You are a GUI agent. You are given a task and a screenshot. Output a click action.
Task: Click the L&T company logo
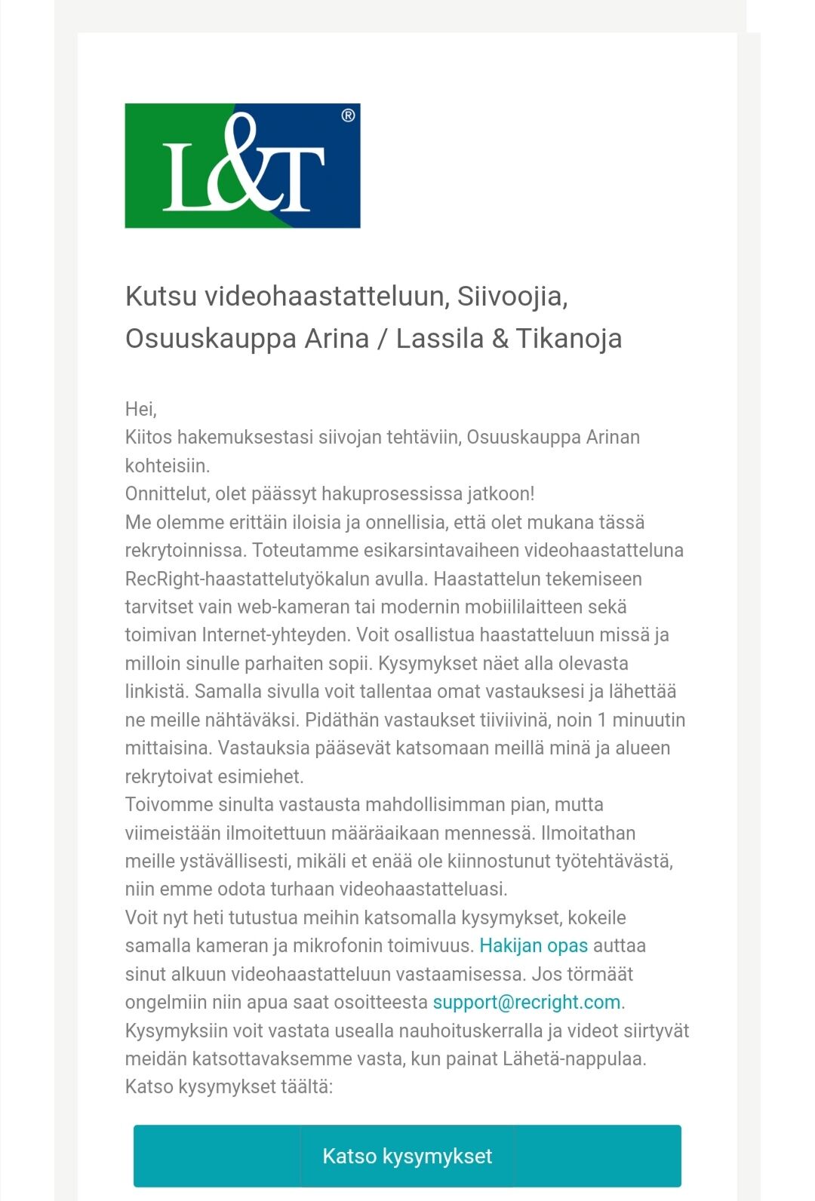242,165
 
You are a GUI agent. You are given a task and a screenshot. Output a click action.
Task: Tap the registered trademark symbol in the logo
348,115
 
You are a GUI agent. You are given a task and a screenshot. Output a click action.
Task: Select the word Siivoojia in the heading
512,296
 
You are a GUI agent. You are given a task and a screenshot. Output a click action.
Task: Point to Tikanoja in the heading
569,338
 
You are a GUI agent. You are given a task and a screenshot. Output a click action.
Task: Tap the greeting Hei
140,409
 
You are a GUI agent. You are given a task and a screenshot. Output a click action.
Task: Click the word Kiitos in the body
149,438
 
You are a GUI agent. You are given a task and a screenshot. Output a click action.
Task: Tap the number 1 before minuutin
601,720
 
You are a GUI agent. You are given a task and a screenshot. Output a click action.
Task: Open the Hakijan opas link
534,946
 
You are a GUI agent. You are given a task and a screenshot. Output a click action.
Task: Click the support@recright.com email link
527,1003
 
